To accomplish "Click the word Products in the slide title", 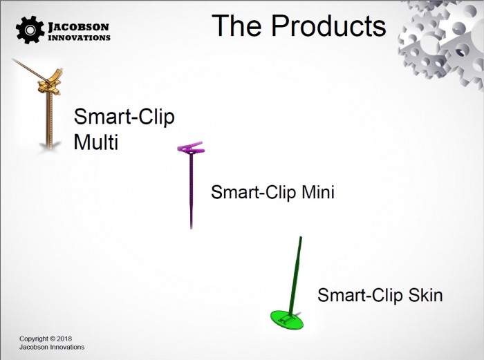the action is tap(329, 26).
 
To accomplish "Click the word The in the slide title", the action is tap(236, 26).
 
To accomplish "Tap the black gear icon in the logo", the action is tap(30, 30).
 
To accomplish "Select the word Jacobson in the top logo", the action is tap(79, 27).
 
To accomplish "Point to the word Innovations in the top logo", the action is tap(80, 37).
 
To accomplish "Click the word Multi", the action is tap(96, 142).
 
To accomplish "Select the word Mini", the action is tap(318, 192).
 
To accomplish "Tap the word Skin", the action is tap(426, 294).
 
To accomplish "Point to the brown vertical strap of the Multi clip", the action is tap(49, 120).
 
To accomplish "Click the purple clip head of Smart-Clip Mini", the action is tap(191, 147).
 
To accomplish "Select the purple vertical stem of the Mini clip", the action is tap(192, 191).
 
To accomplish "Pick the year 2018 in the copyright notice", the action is tap(64, 339).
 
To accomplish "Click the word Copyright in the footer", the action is tap(34, 339).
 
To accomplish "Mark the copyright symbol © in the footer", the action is tap(53, 339).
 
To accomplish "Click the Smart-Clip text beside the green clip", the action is tap(360, 295).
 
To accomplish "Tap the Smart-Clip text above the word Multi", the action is tap(124, 117).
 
